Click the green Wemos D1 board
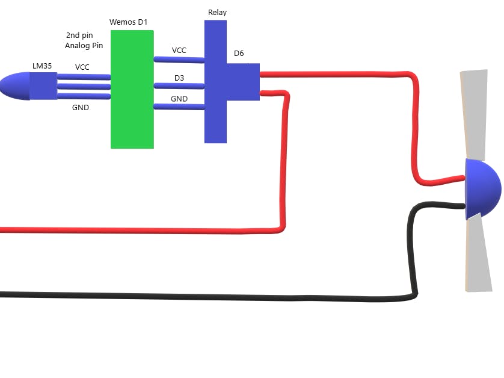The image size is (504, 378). click(x=132, y=90)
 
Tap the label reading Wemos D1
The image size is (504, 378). click(x=128, y=22)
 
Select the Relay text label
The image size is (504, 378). click(x=217, y=13)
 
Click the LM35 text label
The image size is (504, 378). click(x=42, y=66)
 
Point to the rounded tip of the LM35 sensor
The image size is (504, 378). click(x=1, y=86)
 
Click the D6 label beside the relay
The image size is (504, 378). click(x=239, y=54)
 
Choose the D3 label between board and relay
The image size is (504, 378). click(x=179, y=78)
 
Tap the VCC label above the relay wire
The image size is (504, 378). click(x=179, y=51)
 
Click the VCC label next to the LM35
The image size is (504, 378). click(x=82, y=67)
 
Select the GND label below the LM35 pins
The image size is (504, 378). click(x=81, y=108)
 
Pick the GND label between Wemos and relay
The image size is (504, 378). click(x=179, y=99)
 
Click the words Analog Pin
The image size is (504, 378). click(x=84, y=46)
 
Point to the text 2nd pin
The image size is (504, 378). click(x=79, y=36)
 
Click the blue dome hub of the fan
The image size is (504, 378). click(x=482, y=189)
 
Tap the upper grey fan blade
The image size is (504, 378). click(x=474, y=114)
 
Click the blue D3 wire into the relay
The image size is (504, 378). click(x=179, y=86)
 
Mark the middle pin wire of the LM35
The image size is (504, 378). click(x=84, y=87)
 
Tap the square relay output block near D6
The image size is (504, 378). click(x=243, y=82)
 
